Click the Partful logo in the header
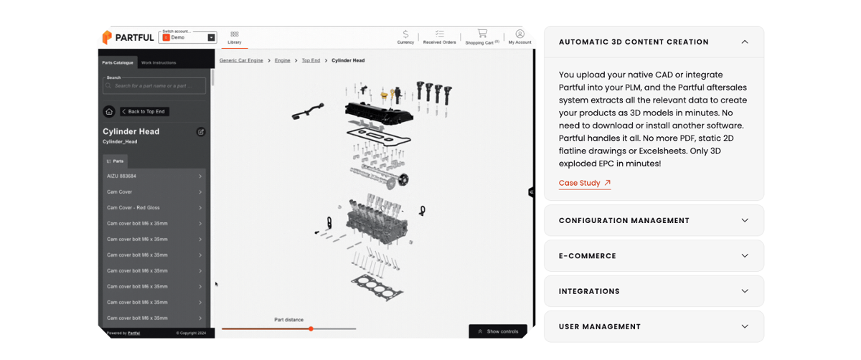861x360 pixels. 128,37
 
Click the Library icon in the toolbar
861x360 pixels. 235,37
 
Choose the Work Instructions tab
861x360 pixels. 159,63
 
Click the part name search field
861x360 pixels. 154,86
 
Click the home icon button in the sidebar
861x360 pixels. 109,112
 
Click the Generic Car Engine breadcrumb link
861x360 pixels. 241,61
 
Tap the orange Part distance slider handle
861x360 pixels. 311,328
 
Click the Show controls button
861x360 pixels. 498,331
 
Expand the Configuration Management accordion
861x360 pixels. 653,221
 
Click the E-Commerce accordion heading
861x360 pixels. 653,256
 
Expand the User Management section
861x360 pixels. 653,326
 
